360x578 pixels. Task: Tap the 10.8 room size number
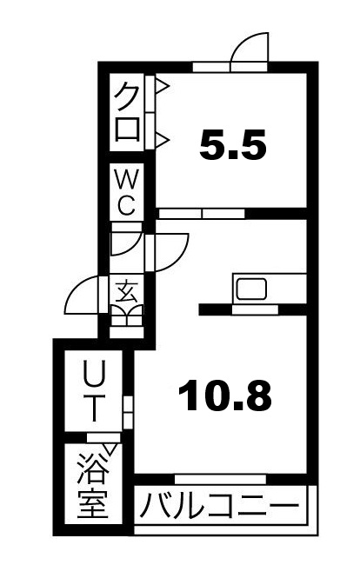(x=225, y=395)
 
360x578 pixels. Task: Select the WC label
(x=127, y=193)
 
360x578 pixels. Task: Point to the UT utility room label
(x=95, y=391)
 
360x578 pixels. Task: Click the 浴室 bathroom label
(x=93, y=486)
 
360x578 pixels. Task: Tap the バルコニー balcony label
(x=219, y=505)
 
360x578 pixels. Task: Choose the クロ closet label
(x=127, y=111)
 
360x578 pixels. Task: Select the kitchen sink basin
(x=252, y=289)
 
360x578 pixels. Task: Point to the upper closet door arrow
(x=163, y=87)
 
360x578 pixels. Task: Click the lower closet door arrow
(x=163, y=139)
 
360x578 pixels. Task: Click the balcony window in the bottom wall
(x=220, y=479)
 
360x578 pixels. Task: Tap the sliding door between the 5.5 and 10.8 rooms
(x=202, y=214)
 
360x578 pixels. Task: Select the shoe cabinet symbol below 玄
(x=127, y=316)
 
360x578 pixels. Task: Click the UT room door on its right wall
(x=128, y=413)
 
